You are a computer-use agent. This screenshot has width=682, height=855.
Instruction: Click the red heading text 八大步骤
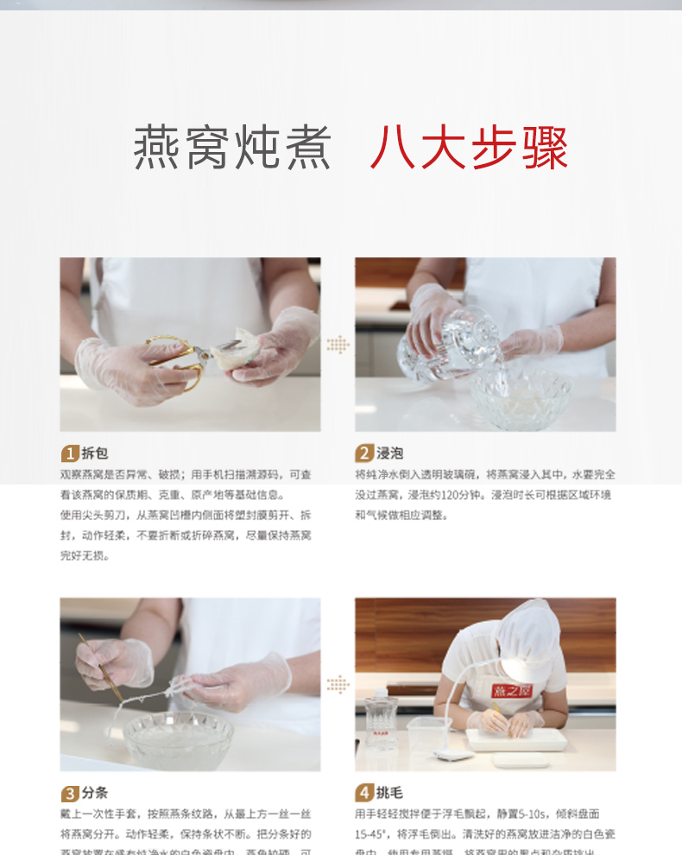point(470,149)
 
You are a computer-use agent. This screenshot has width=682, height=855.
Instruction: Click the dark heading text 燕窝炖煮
point(233,149)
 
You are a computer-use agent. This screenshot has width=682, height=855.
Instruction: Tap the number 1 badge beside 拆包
point(69,453)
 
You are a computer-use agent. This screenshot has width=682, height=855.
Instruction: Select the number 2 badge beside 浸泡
point(364,453)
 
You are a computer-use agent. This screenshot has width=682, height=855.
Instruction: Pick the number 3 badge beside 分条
point(69,793)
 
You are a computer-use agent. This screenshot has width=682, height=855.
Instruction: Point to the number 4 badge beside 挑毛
point(364,793)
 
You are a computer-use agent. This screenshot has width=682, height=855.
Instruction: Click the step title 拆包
point(94,453)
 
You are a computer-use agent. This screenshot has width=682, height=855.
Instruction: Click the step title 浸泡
point(390,453)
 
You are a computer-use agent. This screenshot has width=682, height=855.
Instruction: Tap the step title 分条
point(94,793)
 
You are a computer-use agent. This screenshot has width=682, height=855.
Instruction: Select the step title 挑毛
point(390,793)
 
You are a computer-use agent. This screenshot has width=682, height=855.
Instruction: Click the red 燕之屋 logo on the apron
point(512,690)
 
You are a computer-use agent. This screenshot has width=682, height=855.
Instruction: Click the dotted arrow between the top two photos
point(338,344)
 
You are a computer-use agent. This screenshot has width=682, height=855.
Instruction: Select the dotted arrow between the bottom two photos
point(338,684)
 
